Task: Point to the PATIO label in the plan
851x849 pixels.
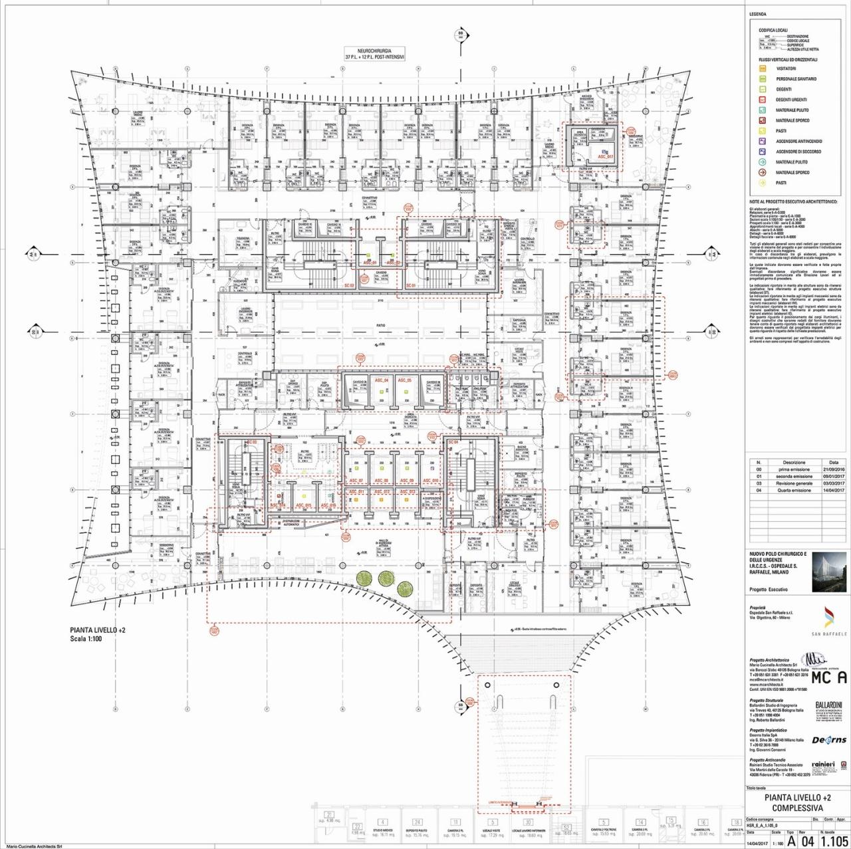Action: coord(380,325)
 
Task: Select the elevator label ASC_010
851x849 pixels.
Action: coord(430,480)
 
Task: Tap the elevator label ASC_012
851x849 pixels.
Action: coord(381,492)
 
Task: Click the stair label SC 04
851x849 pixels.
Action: coord(453,442)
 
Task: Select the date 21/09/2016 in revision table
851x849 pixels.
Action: coord(834,469)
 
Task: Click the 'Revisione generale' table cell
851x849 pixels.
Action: coord(794,483)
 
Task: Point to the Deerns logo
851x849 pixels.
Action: coord(830,739)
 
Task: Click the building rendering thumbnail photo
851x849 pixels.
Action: coord(828,571)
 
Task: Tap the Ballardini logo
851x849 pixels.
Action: coord(830,709)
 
